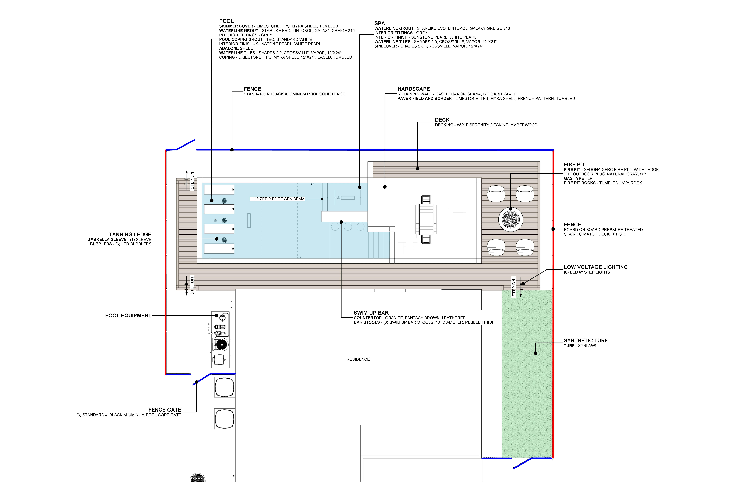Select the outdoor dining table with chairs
[426, 219]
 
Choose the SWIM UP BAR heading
[371, 313]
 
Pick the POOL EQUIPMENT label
[128, 315]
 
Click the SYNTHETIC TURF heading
[585, 340]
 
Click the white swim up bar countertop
[344, 216]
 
